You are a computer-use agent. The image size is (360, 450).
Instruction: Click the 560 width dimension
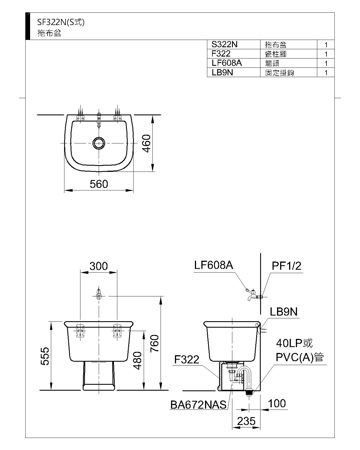tap(99, 184)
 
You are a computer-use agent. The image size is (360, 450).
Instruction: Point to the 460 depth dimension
tap(147, 143)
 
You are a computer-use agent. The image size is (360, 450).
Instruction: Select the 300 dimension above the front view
tap(98, 266)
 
